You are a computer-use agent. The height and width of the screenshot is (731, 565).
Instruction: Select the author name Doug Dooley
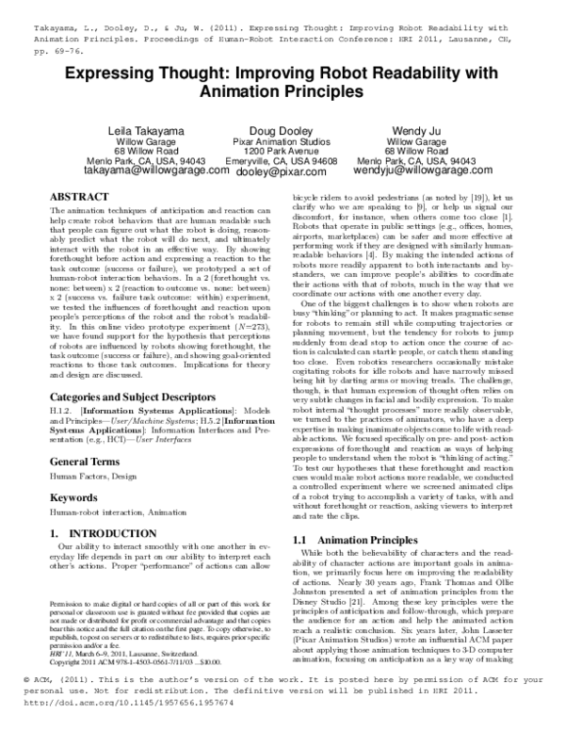281,129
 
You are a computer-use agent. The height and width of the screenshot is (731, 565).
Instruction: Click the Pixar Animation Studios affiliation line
281,140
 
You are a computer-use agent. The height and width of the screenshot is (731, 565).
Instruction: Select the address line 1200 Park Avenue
281,151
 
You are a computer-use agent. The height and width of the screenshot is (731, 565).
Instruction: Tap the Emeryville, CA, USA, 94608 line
281,161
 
